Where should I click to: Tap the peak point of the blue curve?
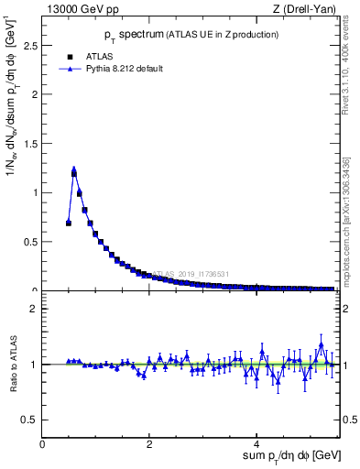pyautogui.click(x=73, y=169)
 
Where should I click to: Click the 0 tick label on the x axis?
pyautogui.click(x=43, y=444)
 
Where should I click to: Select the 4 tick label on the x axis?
pyautogui.click(x=257, y=444)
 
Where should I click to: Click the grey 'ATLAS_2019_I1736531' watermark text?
pyautogui.click(x=191, y=273)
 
